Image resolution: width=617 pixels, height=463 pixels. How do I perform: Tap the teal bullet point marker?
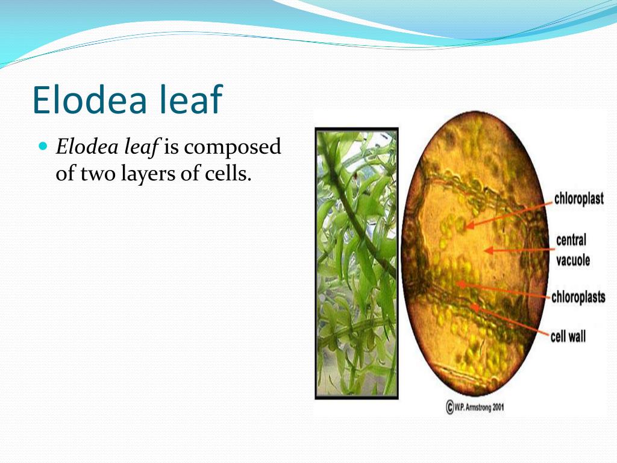tap(42, 146)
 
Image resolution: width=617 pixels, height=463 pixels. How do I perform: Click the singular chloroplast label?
tap(578, 198)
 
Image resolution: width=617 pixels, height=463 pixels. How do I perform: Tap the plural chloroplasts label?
tap(578, 297)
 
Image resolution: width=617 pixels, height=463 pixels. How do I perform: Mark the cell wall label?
tap(568, 336)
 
